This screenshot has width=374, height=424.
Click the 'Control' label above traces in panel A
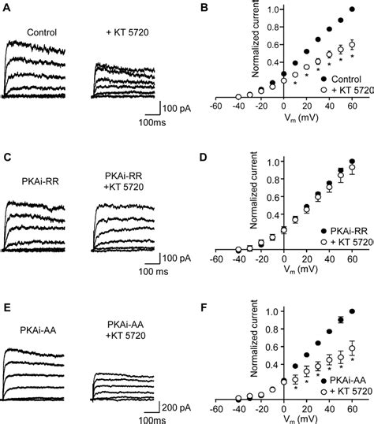(43, 32)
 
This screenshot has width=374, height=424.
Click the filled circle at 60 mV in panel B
(352, 10)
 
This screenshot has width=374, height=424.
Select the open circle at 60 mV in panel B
(352, 45)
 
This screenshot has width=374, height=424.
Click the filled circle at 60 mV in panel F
(352, 311)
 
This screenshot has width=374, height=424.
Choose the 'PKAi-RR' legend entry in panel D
(347, 225)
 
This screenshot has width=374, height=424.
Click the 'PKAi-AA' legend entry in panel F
(347, 380)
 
